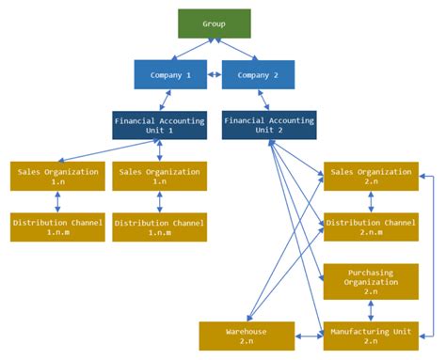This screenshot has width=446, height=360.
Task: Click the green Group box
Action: (215, 23)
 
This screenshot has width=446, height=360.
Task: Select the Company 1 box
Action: (170, 74)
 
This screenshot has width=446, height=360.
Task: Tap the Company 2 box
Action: (257, 74)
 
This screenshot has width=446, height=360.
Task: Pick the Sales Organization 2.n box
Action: (371, 177)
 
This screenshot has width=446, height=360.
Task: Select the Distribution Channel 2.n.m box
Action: (371, 227)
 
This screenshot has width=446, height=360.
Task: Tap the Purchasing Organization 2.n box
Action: (371, 280)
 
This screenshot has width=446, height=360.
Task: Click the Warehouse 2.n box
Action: (247, 336)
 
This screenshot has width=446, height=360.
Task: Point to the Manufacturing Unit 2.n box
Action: (371, 336)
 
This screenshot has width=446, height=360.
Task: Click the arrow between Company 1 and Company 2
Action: (215, 74)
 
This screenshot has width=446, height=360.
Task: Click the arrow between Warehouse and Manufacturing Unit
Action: (309, 336)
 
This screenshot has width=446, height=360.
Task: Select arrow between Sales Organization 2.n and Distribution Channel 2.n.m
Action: (371, 202)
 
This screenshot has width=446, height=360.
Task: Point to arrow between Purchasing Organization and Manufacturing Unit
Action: (371, 312)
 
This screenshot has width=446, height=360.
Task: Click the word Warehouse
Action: (247, 331)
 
